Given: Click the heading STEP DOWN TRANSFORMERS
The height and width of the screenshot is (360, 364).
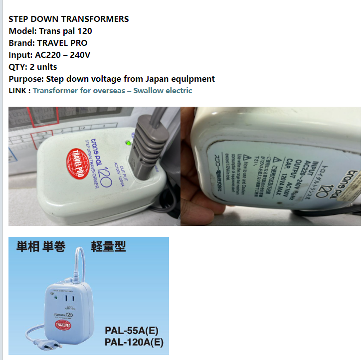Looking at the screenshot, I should tap(69, 19).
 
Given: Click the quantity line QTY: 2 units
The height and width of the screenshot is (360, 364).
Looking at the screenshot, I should tap(33, 67).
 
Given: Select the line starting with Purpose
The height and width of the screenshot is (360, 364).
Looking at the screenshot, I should tap(112, 79).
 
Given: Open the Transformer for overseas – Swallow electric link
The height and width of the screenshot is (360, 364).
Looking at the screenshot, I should tap(112, 91).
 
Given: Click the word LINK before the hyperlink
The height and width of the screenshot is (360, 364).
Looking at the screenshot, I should tap(18, 91).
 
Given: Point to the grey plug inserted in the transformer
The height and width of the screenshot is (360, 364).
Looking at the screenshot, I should tap(144, 145).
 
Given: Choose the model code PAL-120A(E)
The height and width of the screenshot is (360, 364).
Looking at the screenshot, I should tap(134, 343).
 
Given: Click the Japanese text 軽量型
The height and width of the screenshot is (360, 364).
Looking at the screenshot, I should tap(108, 246).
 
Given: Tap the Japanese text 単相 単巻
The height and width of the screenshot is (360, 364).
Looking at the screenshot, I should tap(41, 247).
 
